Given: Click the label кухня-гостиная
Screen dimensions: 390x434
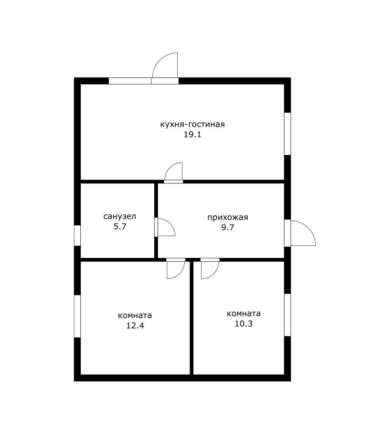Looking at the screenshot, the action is tap(192, 125).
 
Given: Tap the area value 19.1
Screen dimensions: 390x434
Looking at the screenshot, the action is tap(192, 135).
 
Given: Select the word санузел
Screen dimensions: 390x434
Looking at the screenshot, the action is tap(120, 216).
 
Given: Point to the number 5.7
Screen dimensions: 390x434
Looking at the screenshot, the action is tap(120, 226).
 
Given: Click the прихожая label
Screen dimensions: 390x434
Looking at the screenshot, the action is tap(228, 217).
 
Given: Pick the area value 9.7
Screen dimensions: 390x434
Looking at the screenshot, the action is tap(228, 228).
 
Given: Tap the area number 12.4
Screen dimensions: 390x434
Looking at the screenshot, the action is tap(135, 325).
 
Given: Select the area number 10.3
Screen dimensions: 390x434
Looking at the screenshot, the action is tap(243, 324).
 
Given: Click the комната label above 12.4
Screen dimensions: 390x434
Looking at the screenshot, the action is tap(135, 316).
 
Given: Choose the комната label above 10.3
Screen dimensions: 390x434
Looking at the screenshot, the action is tap(243, 314).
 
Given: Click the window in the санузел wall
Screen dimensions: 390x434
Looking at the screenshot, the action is tap(77, 235).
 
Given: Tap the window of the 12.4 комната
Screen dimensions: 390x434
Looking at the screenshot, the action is tap(77, 316).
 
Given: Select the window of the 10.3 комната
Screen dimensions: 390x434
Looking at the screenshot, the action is tap(287, 315).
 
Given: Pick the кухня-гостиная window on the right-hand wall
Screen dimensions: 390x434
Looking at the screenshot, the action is tap(287, 134).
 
